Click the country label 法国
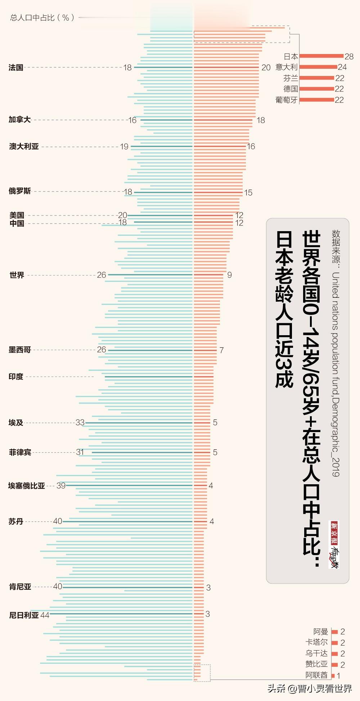click(x=16, y=68)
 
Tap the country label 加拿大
click(x=20, y=120)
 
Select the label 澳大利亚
click(x=24, y=147)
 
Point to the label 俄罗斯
click(x=20, y=191)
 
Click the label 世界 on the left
click(x=17, y=275)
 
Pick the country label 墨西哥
click(x=20, y=350)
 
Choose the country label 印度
click(x=16, y=377)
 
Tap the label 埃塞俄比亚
click(x=27, y=486)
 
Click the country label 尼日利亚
click(x=24, y=615)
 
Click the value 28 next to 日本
click(x=349, y=57)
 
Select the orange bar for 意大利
click(x=318, y=67)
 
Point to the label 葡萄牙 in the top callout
click(x=287, y=100)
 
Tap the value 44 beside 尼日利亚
click(x=45, y=615)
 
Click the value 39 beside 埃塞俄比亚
click(x=61, y=486)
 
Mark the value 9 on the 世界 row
click(x=230, y=275)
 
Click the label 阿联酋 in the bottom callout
click(x=316, y=675)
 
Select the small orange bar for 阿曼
click(x=334, y=632)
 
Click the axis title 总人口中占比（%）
click(x=42, y=17)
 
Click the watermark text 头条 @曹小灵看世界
click(x=310, y=688)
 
